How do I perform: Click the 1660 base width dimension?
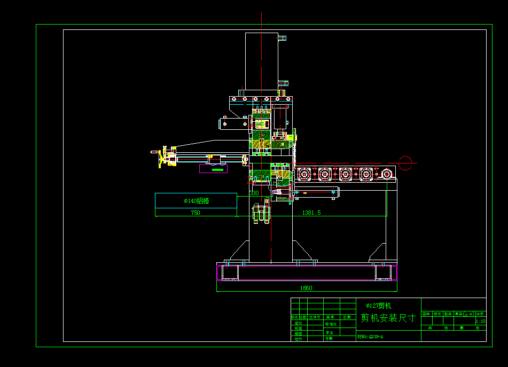[306, 288]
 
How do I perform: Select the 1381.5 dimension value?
[311, 213]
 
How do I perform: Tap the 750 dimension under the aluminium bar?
[196, 213]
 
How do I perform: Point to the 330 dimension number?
[254, 193]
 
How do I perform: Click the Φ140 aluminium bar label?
[196, 201]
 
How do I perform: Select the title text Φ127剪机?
[378, 306]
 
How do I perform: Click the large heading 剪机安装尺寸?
[388, 318]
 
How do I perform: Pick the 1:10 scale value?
[480, 321]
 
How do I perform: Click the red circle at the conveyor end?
[405, 163]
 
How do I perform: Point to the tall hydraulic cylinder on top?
[261, 63]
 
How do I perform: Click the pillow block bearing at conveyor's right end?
[386, 174]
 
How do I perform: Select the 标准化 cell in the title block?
[331, 324]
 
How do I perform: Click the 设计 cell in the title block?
[298, 323]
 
